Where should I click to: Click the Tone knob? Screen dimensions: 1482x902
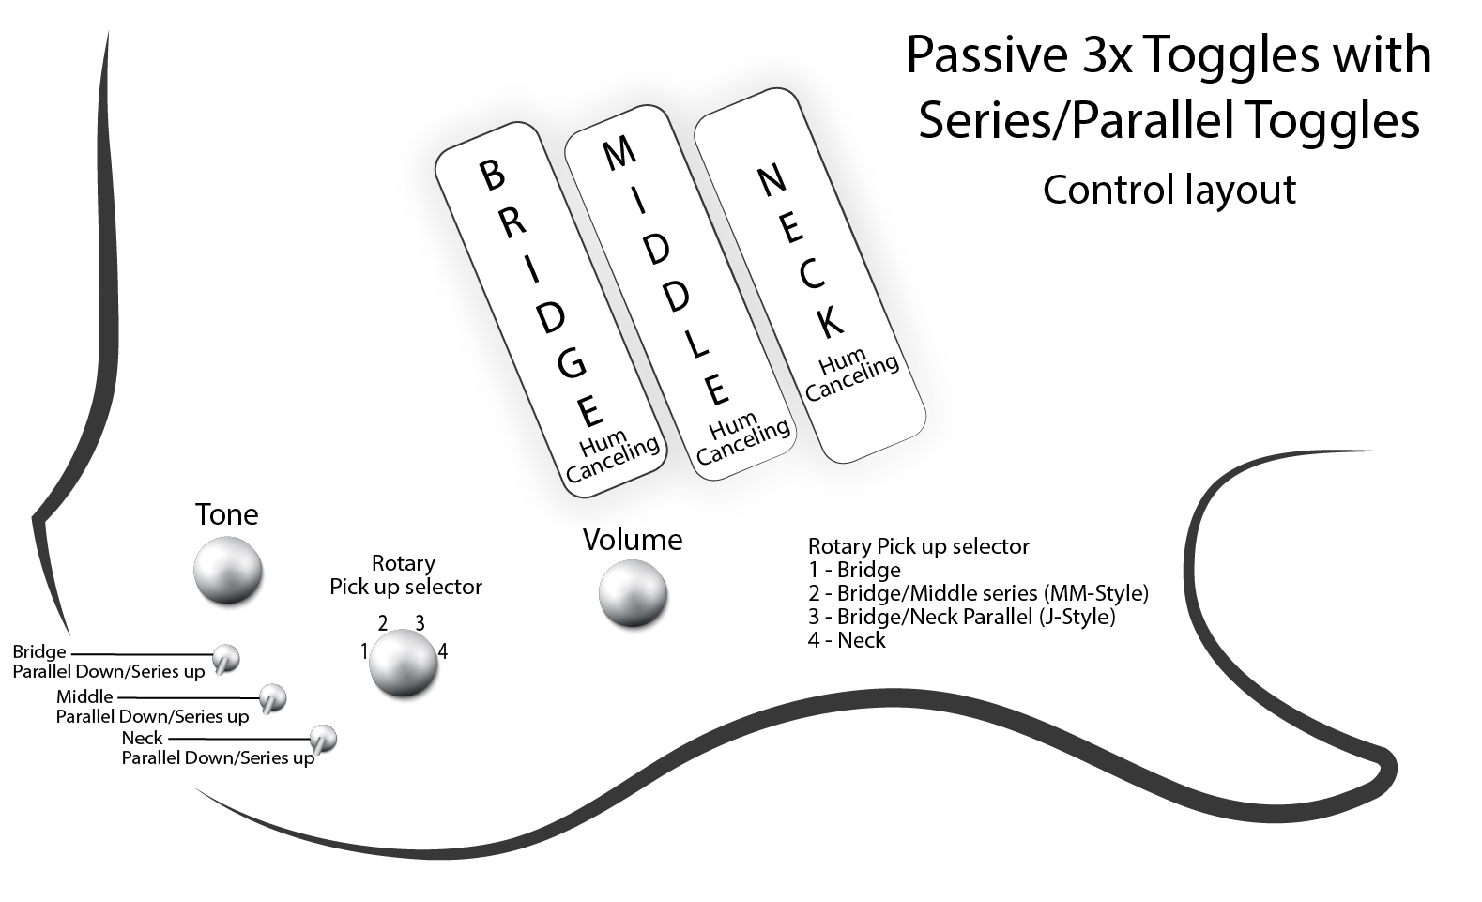pyautogui.click(x=227, y=571)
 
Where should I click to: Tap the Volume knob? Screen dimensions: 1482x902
pyautogui.click(x=634, y=593)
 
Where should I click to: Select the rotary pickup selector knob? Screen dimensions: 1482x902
pyautogui.click(x=403, y=663)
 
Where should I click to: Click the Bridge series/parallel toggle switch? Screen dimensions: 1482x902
pyautogui.click(x=225, y=659)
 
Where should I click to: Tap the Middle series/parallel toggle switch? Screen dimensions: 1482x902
pyautogui.click(x=272, y=699)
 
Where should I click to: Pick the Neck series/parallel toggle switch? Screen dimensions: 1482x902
pyautogui.click(x=323, y=740)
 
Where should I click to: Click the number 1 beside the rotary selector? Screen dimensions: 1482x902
pyautogui.click(x=364, y=651)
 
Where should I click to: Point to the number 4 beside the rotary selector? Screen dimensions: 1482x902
pyautogui.click(x=443, y=651)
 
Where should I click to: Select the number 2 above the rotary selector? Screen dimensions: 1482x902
pyautogui.click(x=382, y=622)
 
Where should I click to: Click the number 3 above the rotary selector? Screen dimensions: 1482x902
pyautogui.click(x=420, y=622)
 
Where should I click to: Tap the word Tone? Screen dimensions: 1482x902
pyautogui.click(x=227, y=514)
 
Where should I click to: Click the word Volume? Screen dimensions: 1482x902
pyautogui.click(x=633, y=540)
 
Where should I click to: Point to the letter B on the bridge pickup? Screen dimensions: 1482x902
pyautogui.click(x=492, y=175)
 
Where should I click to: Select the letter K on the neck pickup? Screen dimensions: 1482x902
pyautogui.click(x=829, y=322)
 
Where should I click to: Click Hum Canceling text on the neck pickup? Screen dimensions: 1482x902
pyautogui.click(x=851, y=375)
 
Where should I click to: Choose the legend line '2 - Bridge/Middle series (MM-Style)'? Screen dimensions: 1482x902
pyautogui.click(x=978, y=593)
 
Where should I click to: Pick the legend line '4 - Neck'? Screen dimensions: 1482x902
pyautogui.click(x=847, y=640)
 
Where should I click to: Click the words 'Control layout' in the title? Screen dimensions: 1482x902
pyautogui.click(x=1169, y=191)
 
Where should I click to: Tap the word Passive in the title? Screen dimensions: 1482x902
pyautogui.click(x=986, y=54)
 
